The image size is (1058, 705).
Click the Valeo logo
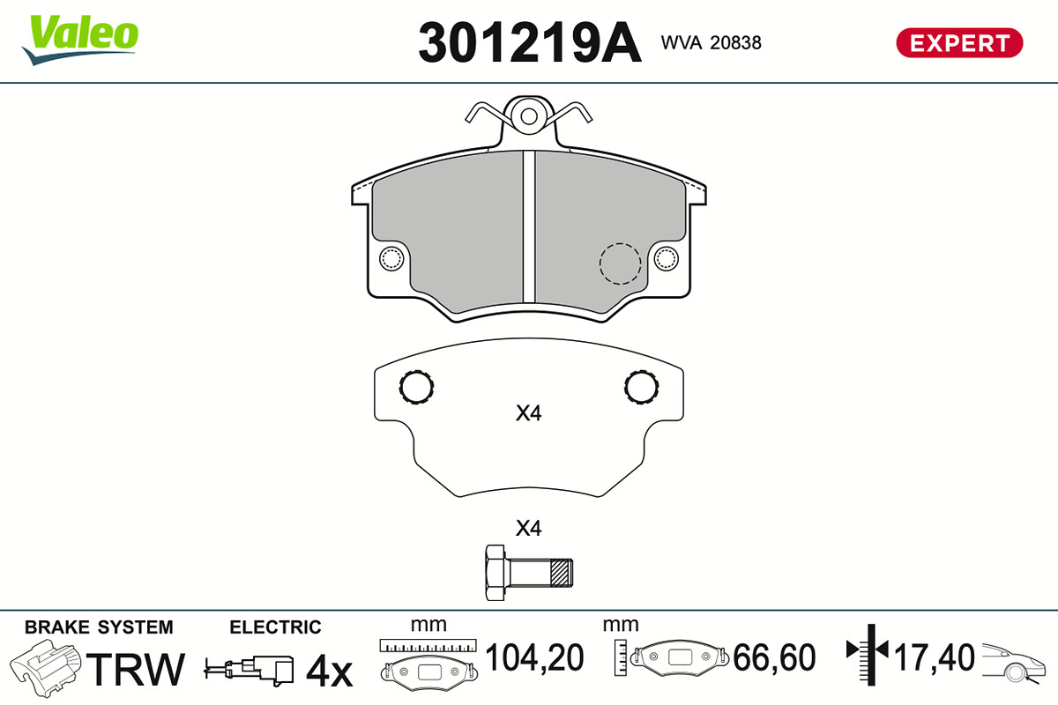pos(80,41)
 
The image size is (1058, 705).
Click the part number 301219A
pos(530,42)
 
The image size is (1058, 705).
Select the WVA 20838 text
pos(711,43)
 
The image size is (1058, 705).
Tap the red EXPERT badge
pos(959,43)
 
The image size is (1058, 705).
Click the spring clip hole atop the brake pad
pos(528,116)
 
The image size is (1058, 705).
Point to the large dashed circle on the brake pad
pos(620,263)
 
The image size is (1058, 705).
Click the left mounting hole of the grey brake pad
pos(391,258)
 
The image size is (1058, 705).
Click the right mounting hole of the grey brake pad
pos(666,258)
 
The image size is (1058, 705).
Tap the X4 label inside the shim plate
pos(528,413)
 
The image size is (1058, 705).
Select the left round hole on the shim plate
pos(416,387)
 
